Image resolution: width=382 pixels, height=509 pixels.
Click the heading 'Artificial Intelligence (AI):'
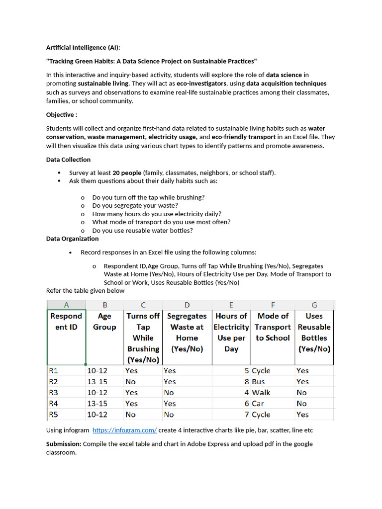coord(83,48)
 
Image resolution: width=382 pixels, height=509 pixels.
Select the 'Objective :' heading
coord(62,115)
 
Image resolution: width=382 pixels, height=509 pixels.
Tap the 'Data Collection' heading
coord(68,160)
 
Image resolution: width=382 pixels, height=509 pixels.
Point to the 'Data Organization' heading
coord(72,239)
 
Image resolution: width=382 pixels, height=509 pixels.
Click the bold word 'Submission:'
coord(64,444)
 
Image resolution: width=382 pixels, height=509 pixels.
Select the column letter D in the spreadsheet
coord(187,305)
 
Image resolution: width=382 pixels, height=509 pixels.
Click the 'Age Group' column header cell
coord(104,322)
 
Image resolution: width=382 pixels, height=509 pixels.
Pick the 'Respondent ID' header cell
coord(66,322)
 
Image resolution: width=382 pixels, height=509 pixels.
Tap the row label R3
coord(54,393)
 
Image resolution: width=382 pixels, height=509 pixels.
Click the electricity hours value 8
coord(246,382)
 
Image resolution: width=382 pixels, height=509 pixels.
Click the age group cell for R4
coord(97,404)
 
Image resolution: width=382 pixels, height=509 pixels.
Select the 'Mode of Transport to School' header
coord(273,327)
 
